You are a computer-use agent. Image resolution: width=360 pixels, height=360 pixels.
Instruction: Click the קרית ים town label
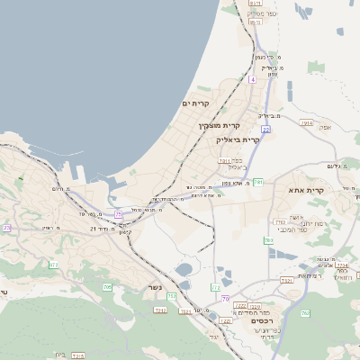point(195,104)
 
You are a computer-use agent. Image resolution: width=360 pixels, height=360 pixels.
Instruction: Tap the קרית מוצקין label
point(219,125)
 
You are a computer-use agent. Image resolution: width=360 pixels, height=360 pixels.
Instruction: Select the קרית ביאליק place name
point(238,139)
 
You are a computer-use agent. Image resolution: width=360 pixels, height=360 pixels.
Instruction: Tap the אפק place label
point(325,128)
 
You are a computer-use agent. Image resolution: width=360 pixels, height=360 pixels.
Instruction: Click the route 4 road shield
point(253,80)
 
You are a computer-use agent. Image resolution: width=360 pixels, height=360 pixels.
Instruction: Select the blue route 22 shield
point(266,130)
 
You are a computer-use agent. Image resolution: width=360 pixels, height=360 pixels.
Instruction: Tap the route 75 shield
point(119,214)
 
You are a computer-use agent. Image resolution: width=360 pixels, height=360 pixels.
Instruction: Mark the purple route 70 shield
point(225,298)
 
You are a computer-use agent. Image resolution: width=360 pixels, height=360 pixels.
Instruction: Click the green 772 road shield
point(216,288)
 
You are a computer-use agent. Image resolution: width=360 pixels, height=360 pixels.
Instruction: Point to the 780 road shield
point(268,240)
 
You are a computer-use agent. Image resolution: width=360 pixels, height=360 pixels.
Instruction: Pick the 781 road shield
point(257,183)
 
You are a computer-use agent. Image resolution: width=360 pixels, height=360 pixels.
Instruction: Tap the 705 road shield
point(107,287)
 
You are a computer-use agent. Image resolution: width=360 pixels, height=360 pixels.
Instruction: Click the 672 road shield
point(53,265)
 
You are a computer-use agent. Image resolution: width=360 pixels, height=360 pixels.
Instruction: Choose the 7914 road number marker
point(307,122)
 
